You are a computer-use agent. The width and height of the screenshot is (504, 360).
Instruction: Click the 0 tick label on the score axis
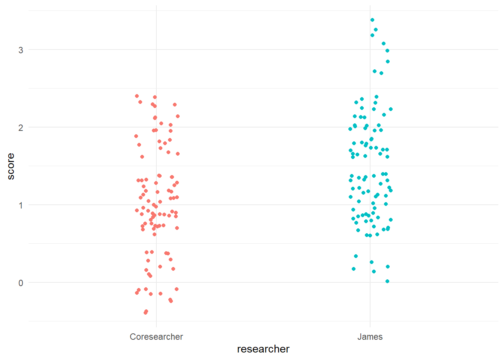pos(21,283)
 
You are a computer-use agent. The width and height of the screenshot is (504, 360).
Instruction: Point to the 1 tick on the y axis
pos(21,205)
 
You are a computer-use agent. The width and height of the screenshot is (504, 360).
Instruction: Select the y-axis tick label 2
pos(21,127)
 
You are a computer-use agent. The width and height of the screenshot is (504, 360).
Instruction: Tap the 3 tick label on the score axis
pos(21,50)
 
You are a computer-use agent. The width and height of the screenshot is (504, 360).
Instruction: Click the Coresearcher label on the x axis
pos(156,337)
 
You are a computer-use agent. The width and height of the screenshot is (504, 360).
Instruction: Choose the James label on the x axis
pos(370,337)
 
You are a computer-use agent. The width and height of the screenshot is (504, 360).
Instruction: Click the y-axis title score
pos(11,166)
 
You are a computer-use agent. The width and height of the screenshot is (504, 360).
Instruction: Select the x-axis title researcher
pos(263,349)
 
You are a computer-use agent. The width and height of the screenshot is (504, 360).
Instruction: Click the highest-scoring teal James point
pos(372,20)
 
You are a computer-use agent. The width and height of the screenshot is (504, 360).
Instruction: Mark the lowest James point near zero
pos(387,281)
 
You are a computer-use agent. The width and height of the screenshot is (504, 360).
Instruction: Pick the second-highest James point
pos(376,30)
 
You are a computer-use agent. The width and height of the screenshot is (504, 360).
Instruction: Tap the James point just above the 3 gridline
pos(384,43)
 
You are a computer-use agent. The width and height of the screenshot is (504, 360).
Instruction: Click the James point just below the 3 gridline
pos(387,51)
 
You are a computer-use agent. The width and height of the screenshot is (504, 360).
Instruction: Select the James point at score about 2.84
pos(388,61)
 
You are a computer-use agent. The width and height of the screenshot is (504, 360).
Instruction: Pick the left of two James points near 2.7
pos(375,71)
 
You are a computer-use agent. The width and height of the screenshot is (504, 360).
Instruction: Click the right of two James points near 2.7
pos(381,73)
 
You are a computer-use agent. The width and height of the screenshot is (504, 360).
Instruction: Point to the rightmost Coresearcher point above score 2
pos(178,116)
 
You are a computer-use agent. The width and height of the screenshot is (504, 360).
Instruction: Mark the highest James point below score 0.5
pos(356,256)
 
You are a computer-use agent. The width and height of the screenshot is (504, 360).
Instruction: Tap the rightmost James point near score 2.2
pos(391,109)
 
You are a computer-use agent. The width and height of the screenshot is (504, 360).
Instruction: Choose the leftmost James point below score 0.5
pos(354,269)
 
